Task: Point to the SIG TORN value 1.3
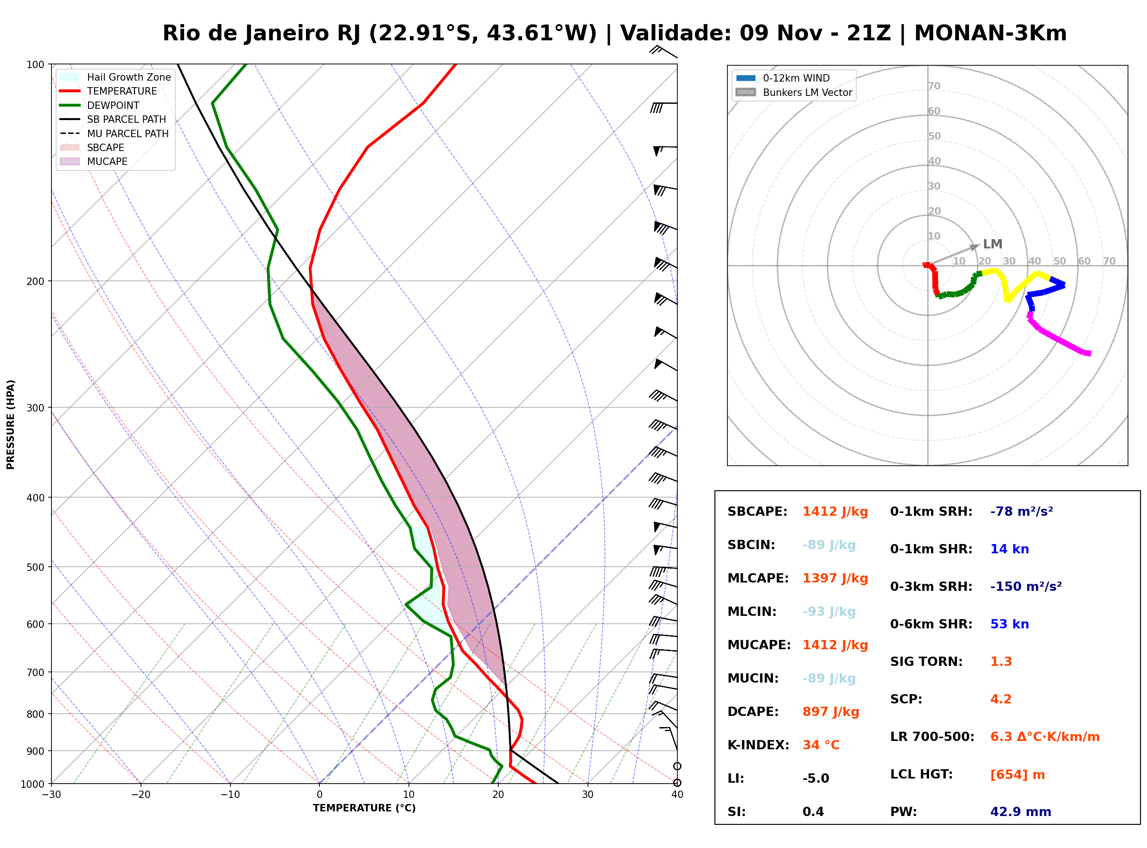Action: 1000,662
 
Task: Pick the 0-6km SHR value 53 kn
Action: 1009,624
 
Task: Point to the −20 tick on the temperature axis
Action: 140,795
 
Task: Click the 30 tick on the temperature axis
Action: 587,795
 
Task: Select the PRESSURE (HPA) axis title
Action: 11,424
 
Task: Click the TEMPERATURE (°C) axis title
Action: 364,809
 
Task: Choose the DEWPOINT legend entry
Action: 113,105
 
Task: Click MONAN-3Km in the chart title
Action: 990,33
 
